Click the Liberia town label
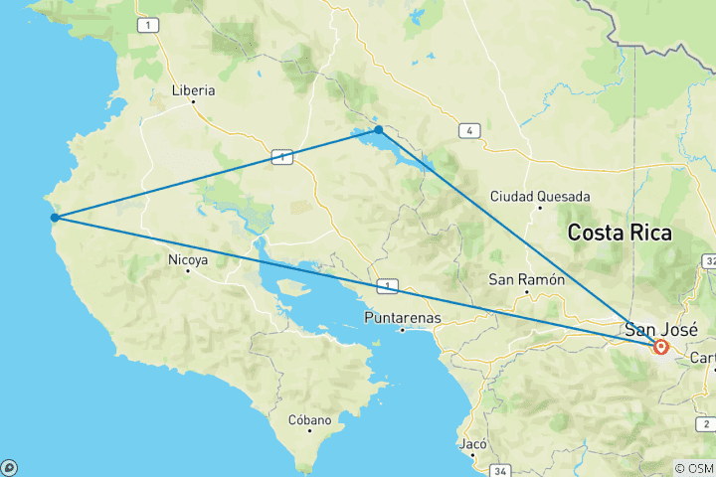click(x=194, y=89)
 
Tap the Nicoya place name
click(x=188, y=260)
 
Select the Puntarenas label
click(x=402, y=318)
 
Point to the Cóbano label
click(x=308, y=419)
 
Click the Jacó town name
click(x=473, y=444)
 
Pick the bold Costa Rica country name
click(x=619, y=234)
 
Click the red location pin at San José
click(x=661, y=348)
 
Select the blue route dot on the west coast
click(x=55, y=218)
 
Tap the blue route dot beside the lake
click(x=379, y=129)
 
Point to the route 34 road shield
click(x=499, y=470)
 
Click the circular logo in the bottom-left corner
click(x=8, y=468)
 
